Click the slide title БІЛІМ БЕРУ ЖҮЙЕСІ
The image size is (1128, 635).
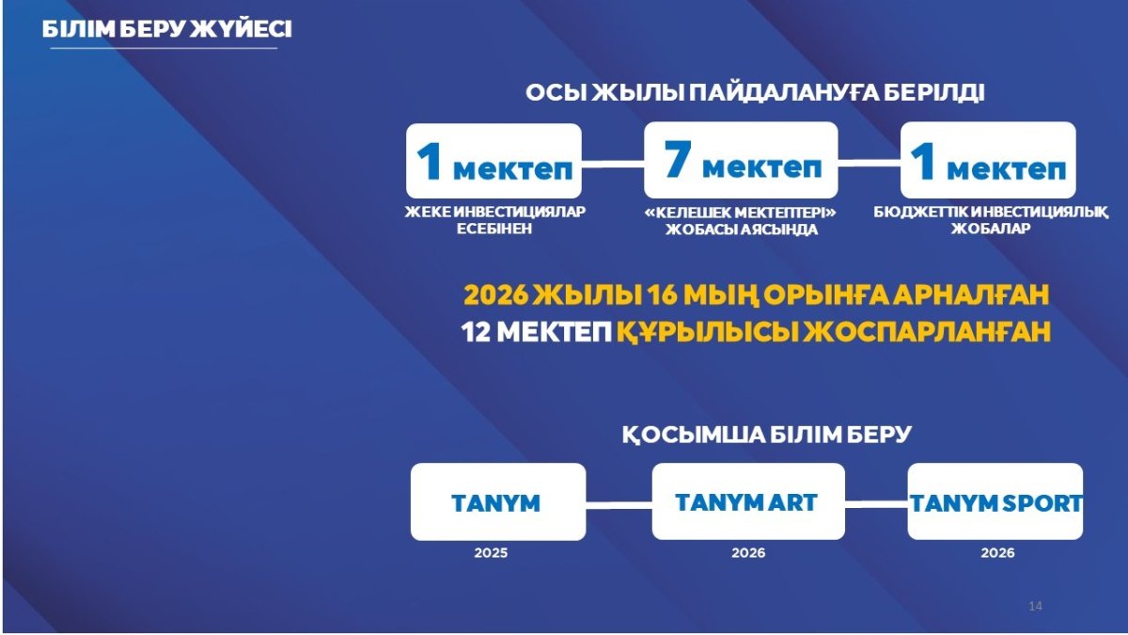pyautogui.click(x=166, y=30)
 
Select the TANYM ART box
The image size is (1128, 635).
pyautogui.click(x=748, y=501)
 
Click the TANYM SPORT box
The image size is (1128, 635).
pyautogui.click(x=995, y=501)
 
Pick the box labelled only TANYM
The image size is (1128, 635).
pyautogui.click(x=498, y=502)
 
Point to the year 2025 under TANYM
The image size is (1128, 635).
pyautogui.click(x=491, y=553)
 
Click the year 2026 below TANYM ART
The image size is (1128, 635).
pyautogui.click(x=748, y=553)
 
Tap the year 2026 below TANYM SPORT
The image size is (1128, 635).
pyautogui.click(x=997, y=553)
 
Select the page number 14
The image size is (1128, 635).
pyautogui.click(x=1035, y=606)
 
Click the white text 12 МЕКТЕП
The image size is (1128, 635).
pyautogui.click(x=537, y=332)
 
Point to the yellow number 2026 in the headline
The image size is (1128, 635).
pyautogui.click(x=495, y=294)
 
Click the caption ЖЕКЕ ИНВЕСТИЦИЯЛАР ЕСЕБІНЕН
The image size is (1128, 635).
pyautogui.click(x=494, y=220)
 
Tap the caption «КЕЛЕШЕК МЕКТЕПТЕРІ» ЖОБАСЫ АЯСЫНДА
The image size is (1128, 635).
pyautogui.click(x=741, y=221)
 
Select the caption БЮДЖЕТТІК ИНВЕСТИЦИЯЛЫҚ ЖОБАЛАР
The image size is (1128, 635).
pyautogui.click(x=991, y=220)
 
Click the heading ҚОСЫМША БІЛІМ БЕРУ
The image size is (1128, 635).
pyautogui.click(x=766, y=435)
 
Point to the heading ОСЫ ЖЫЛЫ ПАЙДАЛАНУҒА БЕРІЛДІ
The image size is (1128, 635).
pyautogui.click(x=755, y=93)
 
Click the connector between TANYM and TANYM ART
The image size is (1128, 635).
pyautogui.click(x=619, y=505)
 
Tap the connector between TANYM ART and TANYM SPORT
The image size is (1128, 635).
pyautogui.click(x=876, y=504)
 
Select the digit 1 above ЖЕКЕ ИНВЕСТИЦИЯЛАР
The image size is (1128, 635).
pyautogui.click(x=430, y=161)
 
